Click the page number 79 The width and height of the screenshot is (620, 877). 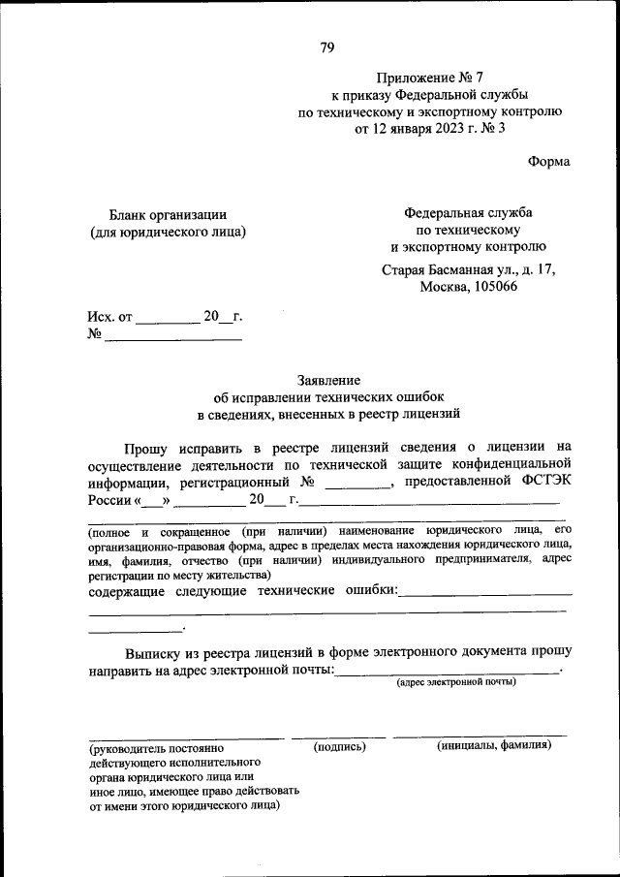[x=327, y=47]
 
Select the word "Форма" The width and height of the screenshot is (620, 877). [x=549, y=162]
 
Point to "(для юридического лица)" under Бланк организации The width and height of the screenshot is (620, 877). [x=168, y=232]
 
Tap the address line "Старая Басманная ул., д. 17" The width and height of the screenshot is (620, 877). [x=469, y=270]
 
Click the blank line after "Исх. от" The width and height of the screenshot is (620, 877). [x=167, y=319]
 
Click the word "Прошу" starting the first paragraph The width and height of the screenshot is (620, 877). [x=146, y=447]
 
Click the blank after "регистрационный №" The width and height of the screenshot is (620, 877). [x=356, y=485]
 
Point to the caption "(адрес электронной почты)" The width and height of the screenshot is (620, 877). [x=455, y=682]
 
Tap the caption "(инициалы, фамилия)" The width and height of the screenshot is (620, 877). [x=494, y=745]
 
